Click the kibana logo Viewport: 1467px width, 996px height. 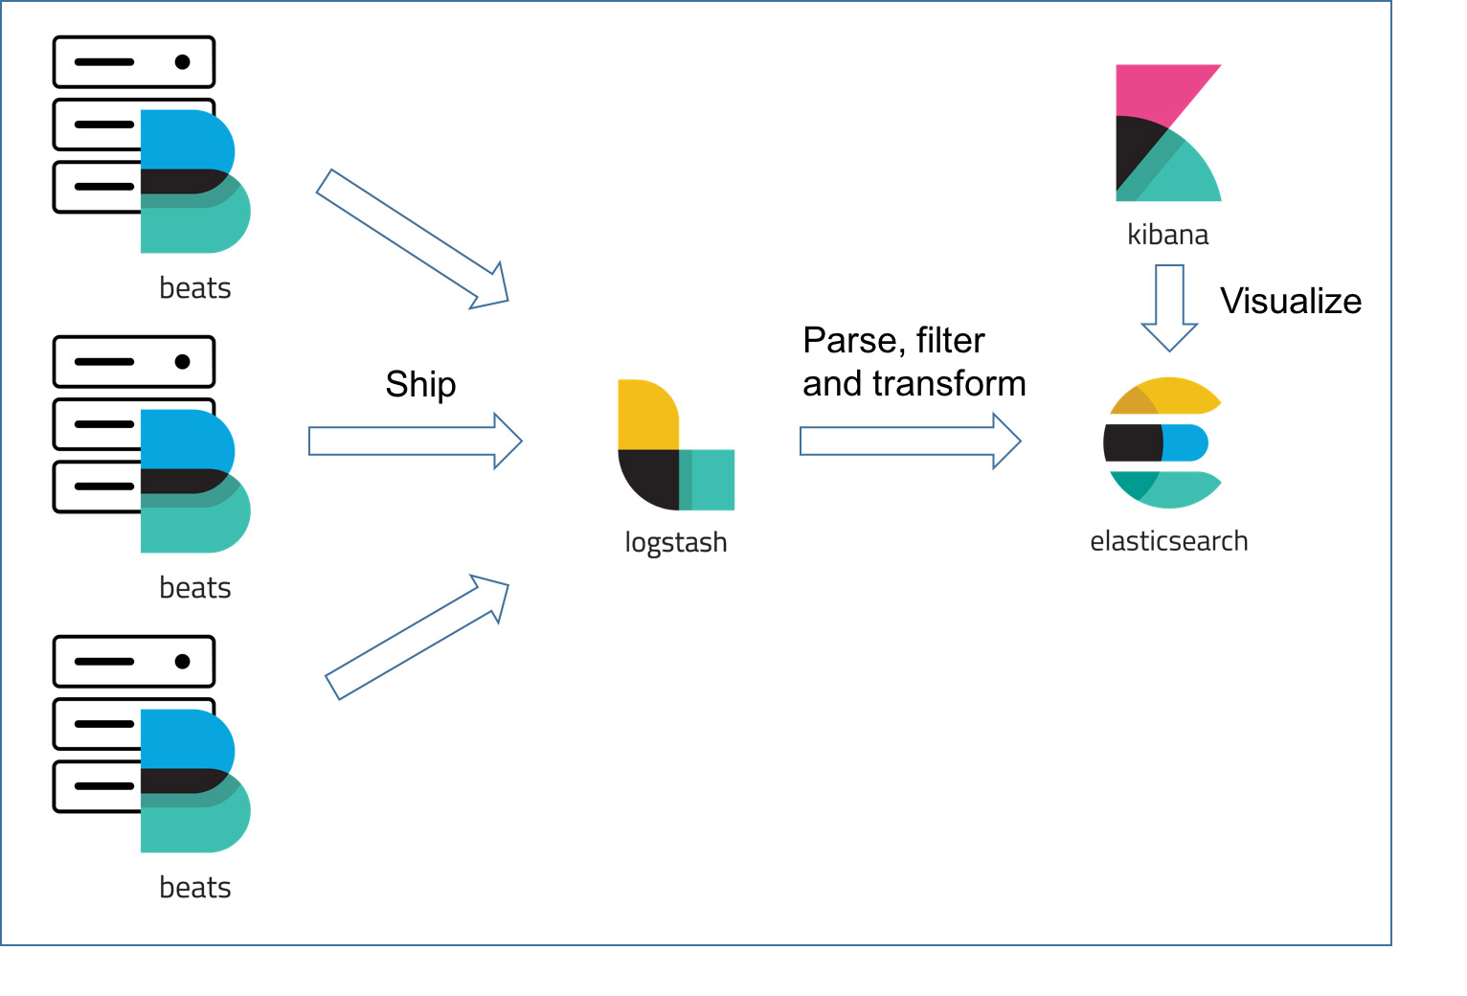(1166, 134)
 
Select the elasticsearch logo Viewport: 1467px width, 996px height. (1162, 442)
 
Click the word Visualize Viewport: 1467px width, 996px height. (1290, 302)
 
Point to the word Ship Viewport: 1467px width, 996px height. (420, 385)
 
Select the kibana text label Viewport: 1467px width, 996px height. (1167, 235)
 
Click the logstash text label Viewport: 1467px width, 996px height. (675, 542)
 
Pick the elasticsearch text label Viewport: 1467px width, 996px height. (1168, 541)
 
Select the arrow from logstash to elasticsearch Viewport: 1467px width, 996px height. (910, 441)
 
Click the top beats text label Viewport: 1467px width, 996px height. (195, 288)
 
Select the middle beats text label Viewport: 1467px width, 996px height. (195, 588)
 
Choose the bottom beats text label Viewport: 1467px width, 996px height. (195, 888)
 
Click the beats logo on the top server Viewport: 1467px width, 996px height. (192, 182)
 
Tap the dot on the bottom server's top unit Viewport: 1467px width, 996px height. (182, 662)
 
